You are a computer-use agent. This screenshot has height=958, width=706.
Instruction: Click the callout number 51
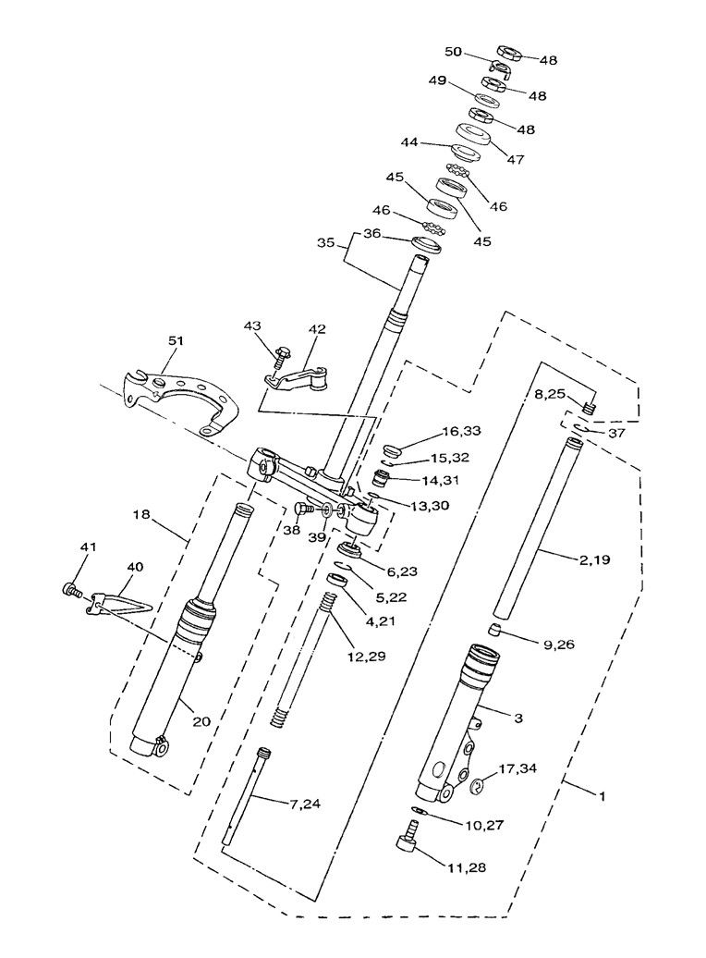tap(176, 341)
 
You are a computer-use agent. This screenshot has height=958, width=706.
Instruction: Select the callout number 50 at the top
tap(454, 53)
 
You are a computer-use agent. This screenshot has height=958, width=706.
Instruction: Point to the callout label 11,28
tap(468, 867)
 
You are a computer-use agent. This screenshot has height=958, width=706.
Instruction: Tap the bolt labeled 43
tap(280, 355)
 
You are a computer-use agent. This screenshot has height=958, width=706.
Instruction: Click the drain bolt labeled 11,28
tap(404, 844)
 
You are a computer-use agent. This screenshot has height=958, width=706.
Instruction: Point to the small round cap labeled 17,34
tap(479, 787)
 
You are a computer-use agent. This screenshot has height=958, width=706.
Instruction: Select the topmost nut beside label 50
tap(511, 52)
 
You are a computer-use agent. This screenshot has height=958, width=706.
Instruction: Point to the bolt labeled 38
tap(299, 509)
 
